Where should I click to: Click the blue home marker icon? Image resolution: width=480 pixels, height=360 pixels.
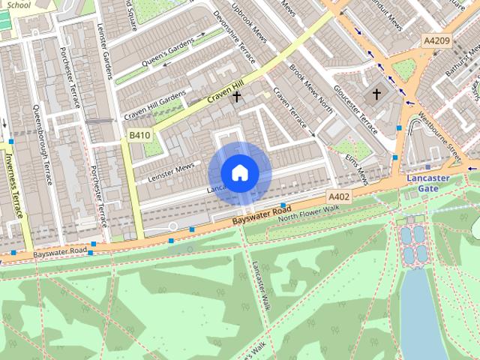239,172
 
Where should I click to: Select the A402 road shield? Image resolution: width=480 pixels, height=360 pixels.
339,196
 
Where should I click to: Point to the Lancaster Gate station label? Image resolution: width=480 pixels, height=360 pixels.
428,184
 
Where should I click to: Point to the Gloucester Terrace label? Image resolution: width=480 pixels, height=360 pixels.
355,113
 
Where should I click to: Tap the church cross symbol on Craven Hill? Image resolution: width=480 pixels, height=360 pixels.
236,96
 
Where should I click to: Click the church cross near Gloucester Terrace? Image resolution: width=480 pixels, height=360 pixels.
376,94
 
